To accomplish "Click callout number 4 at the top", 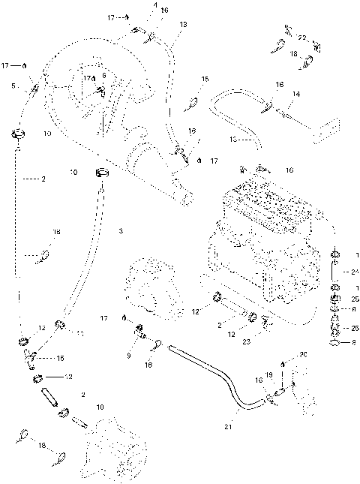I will pos(154,5).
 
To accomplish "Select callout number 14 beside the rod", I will pos(295,94).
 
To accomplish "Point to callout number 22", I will pos(302,38).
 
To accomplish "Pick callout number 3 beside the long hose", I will pos(120,230).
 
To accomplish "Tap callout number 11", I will pos(79,332).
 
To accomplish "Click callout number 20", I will pos(304,354).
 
